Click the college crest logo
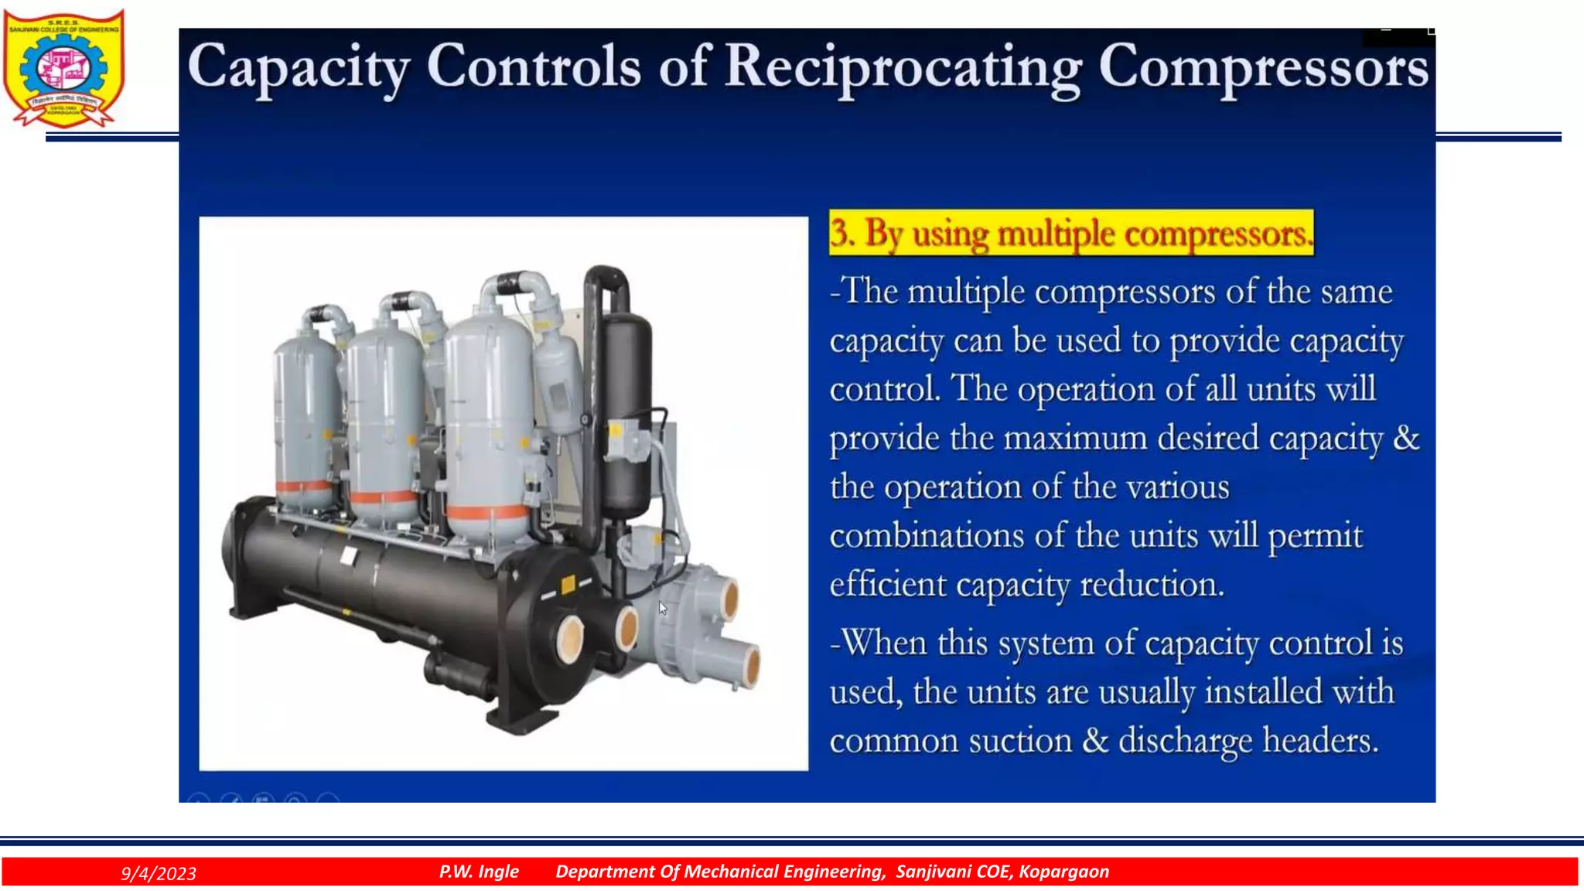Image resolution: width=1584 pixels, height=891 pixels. click(x=63, y=68)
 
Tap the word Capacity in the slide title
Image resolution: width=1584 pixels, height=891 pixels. click(x=298, y=68)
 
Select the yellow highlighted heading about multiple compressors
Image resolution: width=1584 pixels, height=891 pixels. click(x=1070, y=233)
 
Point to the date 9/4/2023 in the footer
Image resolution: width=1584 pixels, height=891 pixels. click(x=159, y=873)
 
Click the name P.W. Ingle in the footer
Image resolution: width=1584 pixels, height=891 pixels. click(x=479, y=872)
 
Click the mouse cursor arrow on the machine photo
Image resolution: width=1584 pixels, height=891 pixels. click(x=662, y=608)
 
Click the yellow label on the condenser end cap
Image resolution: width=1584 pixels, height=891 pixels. click(x=568, y=585)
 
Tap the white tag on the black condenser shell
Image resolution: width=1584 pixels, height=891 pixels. click(x=349, y=555)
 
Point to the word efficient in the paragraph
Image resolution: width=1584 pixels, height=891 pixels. click(x=887, y=584)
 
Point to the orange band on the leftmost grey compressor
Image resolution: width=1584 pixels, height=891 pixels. click(x=303, y=487)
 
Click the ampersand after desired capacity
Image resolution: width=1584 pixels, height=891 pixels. click(x=1406, y=439)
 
